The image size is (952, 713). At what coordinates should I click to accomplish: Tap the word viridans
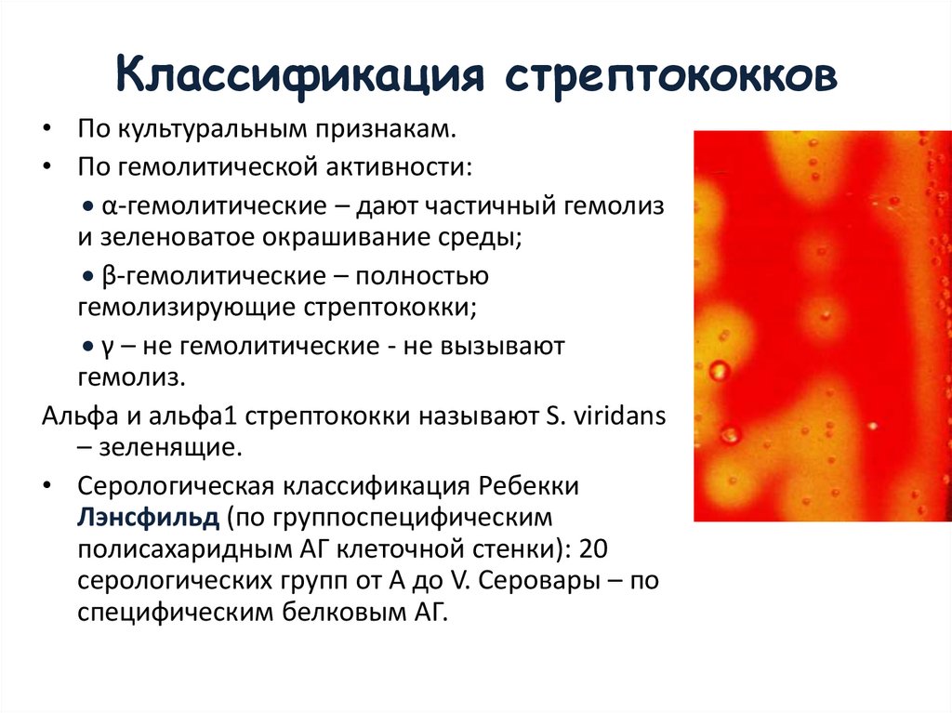coord(615,416)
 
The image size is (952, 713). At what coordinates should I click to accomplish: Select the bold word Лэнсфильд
coord(150,515)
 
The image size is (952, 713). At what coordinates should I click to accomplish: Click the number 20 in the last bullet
coord(593,549)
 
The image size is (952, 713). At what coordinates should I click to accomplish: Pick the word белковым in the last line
coord(329,613)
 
